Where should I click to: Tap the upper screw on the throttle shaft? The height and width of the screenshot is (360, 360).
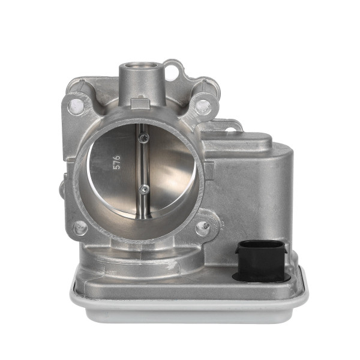(x=143, y=138)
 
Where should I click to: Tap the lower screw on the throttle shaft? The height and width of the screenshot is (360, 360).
(x=143, y=189)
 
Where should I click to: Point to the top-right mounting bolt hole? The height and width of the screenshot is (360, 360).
(x=203, y=106)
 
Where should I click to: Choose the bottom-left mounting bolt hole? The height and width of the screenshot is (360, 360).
(x=79, y=227)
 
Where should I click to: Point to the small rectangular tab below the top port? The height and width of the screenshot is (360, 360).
(x=140, y=104)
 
